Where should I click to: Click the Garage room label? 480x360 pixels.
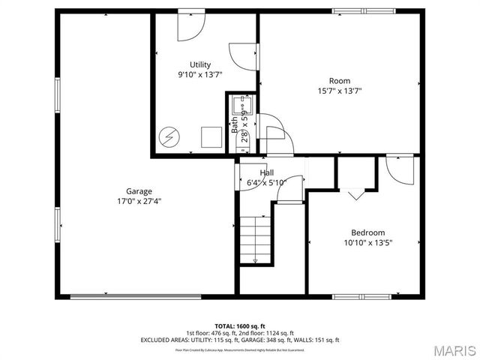click(x=139, y=191)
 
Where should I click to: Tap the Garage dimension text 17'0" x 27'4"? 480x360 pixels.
click(x=139, y=201)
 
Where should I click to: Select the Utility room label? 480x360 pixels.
click(x=199, y=64)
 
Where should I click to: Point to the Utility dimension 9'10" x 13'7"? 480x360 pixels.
click(x=199, y=74)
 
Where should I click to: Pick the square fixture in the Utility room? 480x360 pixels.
click(x=212, y=136)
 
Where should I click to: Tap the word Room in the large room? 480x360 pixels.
click(x=339, y=81)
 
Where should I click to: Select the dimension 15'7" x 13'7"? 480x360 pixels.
click(x=340, y=91)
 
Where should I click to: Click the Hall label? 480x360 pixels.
click(x=266, y=172)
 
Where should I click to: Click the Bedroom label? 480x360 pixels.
click(x=368, y=232)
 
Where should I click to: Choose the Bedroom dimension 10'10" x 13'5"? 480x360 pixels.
click(x=368, y=242)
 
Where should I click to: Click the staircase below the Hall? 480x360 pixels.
click(x=255, y=238)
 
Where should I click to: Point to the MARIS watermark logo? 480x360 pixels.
click(x=454, y=350)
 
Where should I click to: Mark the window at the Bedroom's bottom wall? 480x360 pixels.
click(x=363, y=295)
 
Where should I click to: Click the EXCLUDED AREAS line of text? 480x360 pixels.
click(x=240, y=340)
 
